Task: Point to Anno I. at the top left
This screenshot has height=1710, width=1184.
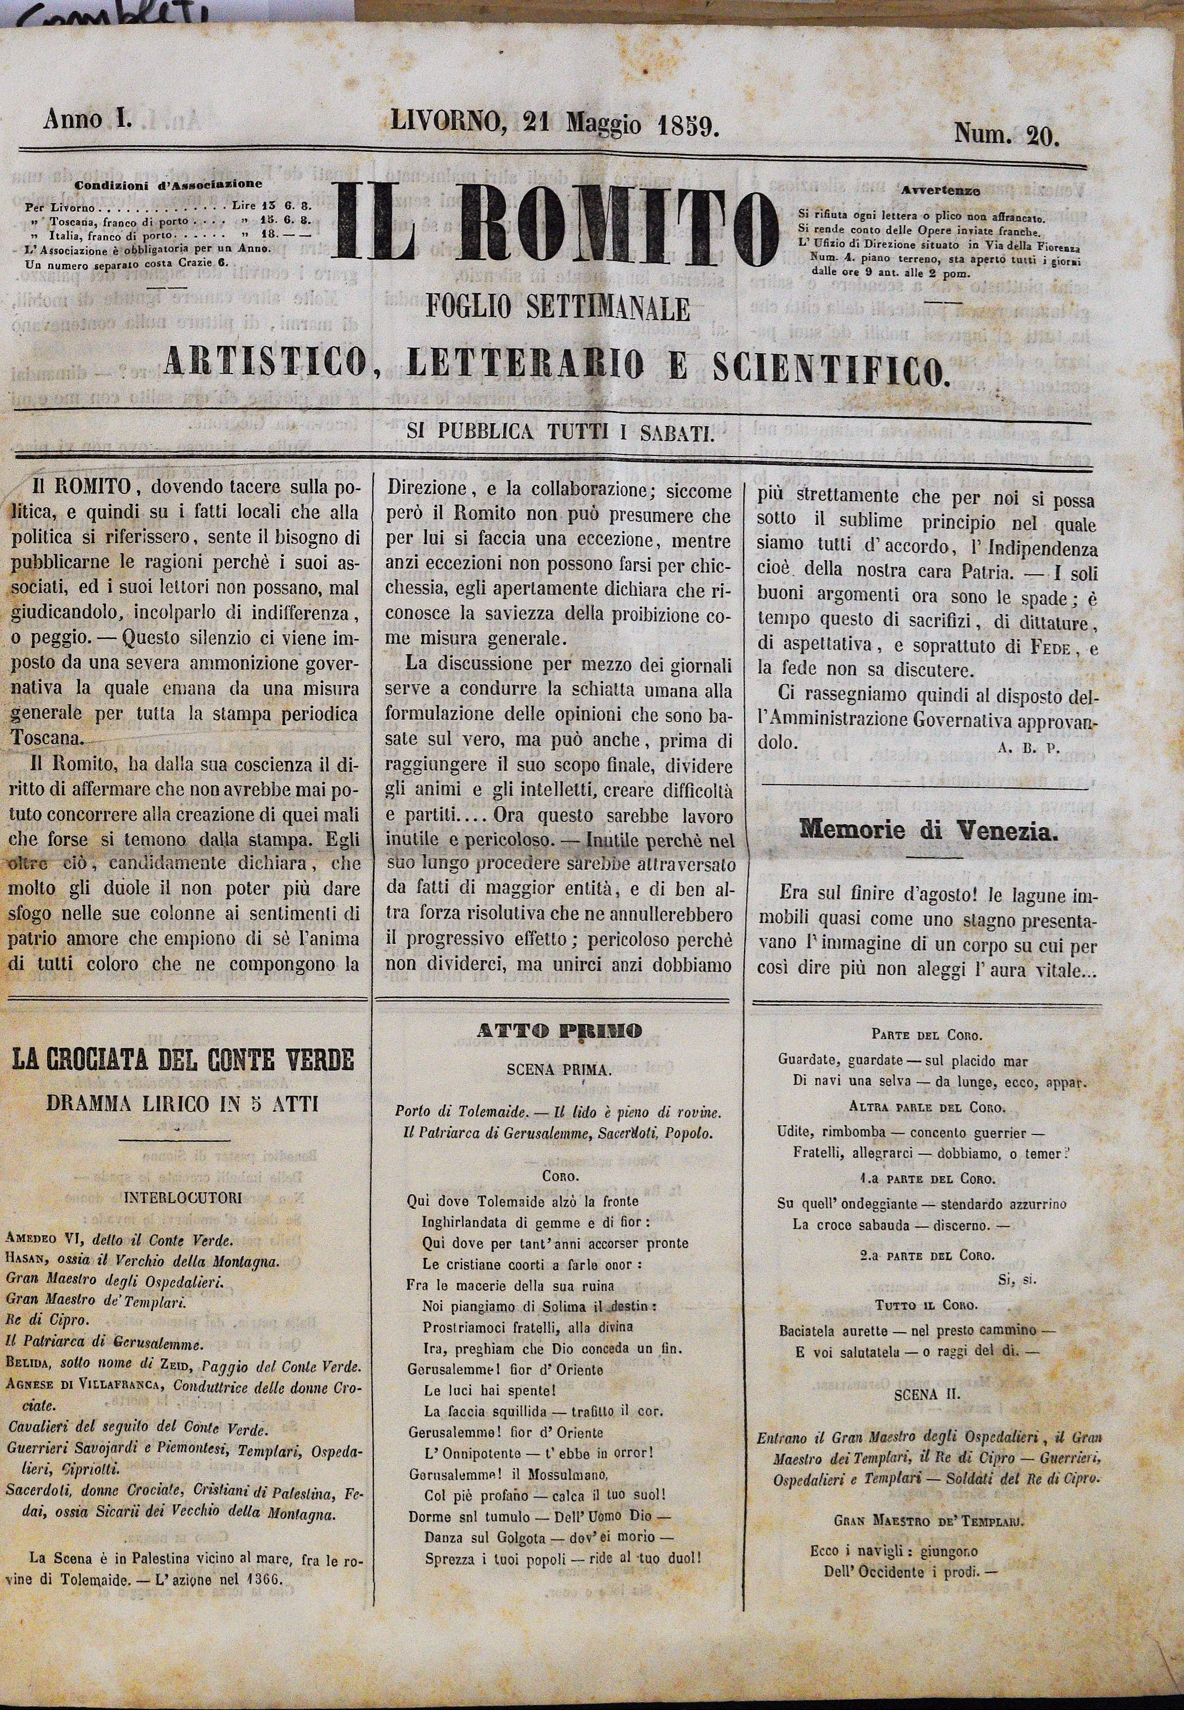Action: pos(88,119)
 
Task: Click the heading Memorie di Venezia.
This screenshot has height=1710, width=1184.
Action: pos(927,831)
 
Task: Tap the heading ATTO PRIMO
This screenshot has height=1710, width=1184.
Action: pos(560,1030)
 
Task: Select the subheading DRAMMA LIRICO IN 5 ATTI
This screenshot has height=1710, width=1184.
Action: pos(182,1103)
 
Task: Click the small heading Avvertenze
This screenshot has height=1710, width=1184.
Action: pos(941,191)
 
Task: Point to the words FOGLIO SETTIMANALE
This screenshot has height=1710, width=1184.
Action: pos(558,308)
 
